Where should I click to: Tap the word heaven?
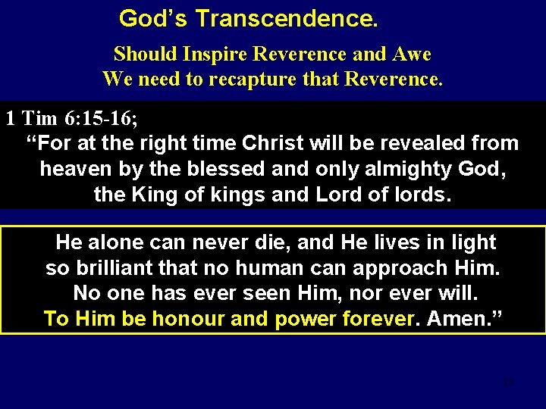coord(79,168)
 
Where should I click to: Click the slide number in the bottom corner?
coord(509,382)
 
